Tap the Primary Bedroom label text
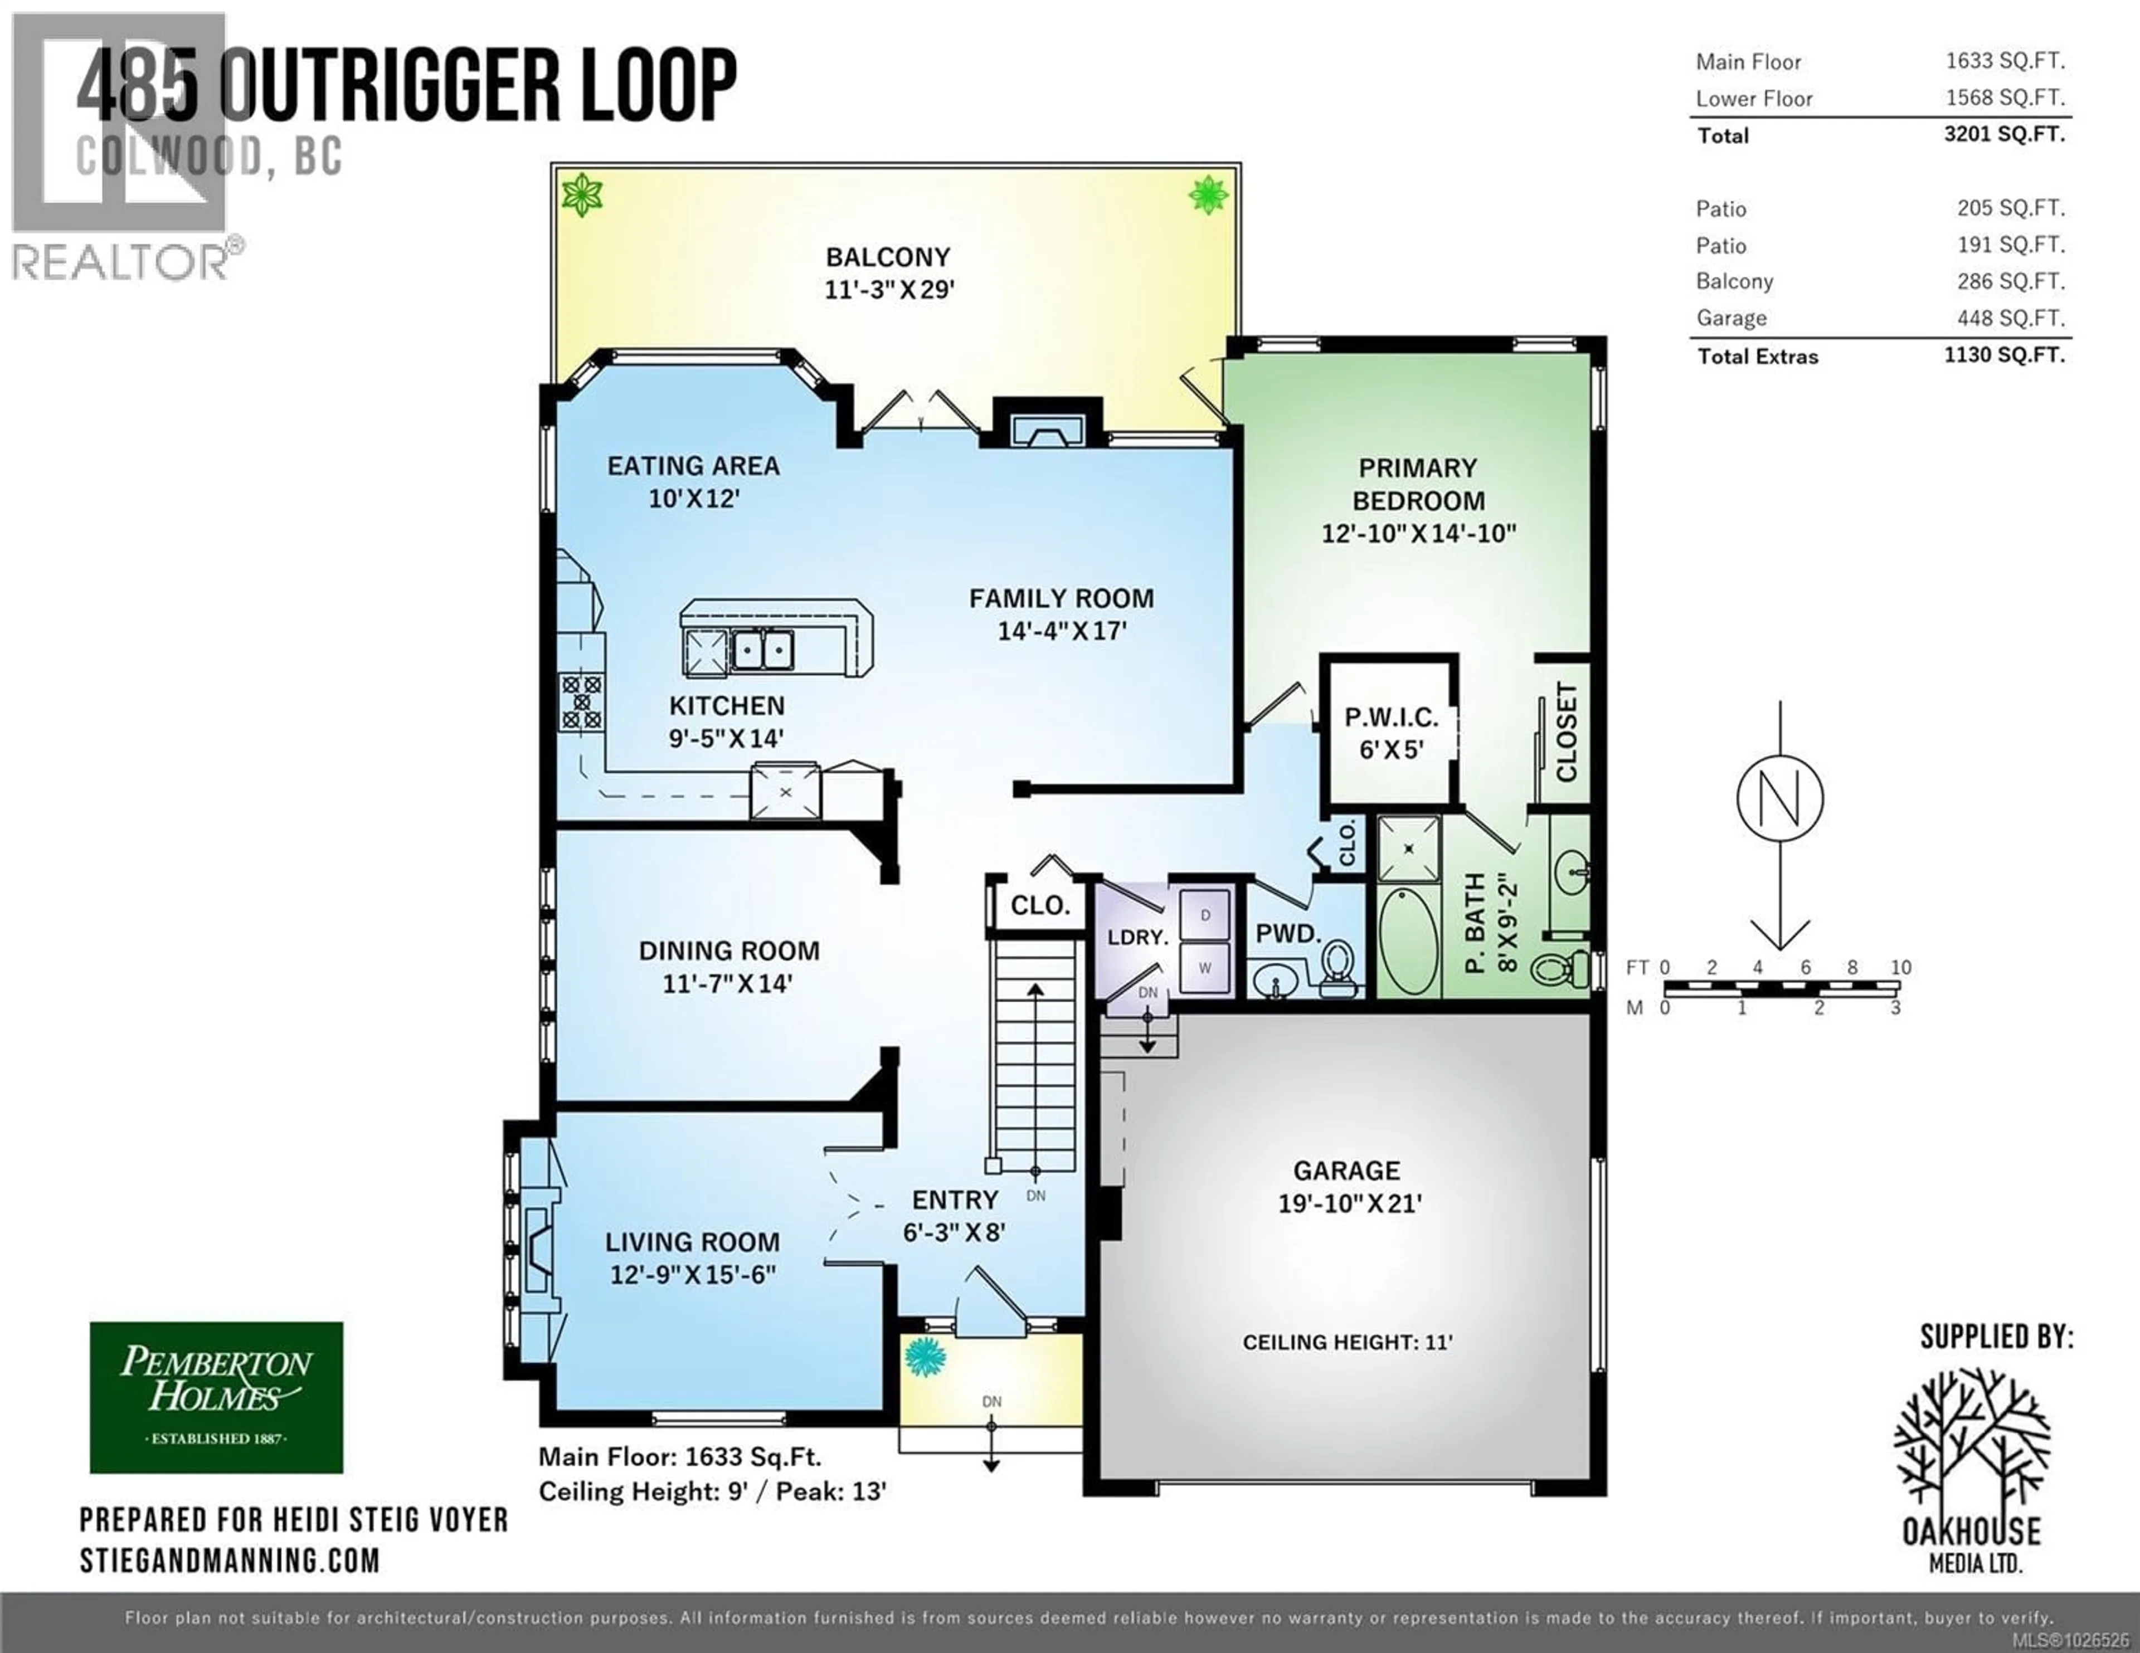[1418, 484]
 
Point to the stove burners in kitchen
[581, 701]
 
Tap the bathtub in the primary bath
[1409, 940]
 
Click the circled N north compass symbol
[1779, 798]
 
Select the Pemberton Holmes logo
[217, 1397]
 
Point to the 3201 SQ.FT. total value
[2004, 134]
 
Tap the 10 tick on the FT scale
[1900, 967]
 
